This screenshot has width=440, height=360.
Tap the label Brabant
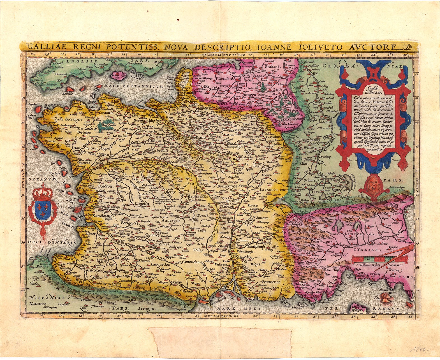(x=272, y=67)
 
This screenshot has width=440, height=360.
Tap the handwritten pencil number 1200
(x=420, y=349)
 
